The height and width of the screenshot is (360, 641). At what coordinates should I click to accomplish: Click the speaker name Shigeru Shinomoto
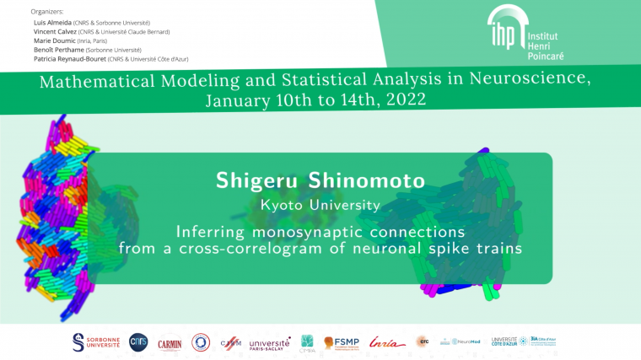point(320,182)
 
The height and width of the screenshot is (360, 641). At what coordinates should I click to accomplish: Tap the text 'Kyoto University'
point(320,205)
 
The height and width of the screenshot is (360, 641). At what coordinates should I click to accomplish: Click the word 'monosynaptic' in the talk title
point(326,231)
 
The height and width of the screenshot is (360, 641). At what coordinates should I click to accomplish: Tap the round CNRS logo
point(137,341)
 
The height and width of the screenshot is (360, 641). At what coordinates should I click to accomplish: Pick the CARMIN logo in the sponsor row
point(170,342)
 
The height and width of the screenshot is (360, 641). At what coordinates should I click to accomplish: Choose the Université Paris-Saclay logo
point(269,342)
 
